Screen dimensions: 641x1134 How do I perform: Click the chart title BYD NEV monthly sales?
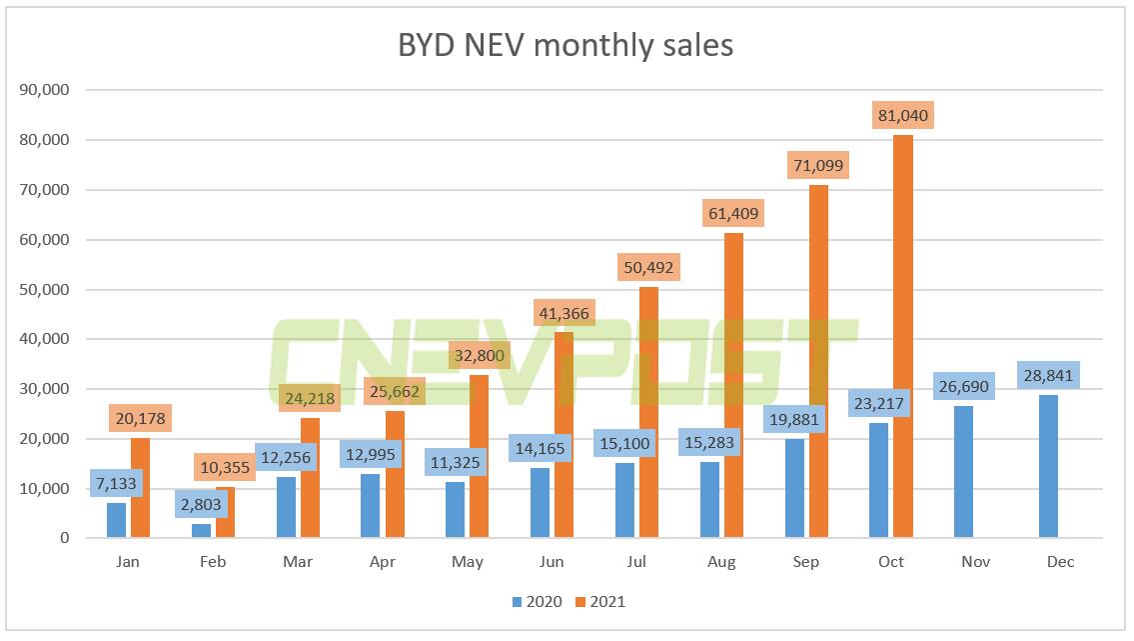point(567,45)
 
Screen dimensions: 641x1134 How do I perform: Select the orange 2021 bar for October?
point(903,340)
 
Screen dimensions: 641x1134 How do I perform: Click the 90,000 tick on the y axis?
point(44,90)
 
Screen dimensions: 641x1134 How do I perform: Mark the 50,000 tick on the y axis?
point(44,290)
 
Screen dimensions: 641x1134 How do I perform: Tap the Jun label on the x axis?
point(552,562)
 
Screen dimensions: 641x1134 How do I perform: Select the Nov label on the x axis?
point(975,562)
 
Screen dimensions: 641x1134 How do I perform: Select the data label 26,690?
point(965,386)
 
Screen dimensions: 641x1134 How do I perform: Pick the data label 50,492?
point(648,268)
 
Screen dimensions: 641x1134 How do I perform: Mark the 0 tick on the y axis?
point(63,538)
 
